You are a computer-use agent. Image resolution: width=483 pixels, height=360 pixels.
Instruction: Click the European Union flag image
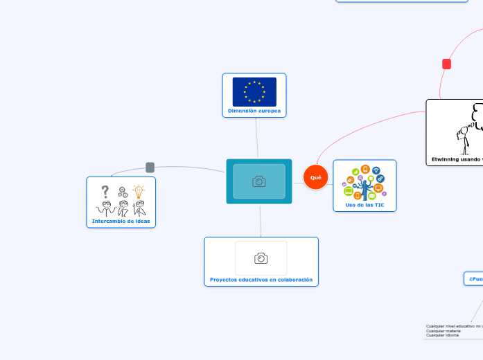pos(254,91)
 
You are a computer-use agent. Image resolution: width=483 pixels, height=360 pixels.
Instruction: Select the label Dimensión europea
pos(254,111)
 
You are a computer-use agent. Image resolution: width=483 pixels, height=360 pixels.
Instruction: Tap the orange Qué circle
pos(315,178)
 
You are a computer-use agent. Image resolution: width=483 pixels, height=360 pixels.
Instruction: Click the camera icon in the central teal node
pos(259,181)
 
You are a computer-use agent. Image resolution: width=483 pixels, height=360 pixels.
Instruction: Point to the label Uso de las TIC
pos(365,205)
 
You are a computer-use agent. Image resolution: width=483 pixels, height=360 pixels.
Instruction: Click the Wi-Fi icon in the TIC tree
pos(376,170)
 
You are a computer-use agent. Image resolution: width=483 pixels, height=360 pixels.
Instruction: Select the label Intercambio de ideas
pos(121,222)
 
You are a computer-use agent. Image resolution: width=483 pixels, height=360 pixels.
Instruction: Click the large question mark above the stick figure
pos(105,192)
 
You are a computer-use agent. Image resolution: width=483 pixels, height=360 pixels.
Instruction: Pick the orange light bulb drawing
pos(139,190)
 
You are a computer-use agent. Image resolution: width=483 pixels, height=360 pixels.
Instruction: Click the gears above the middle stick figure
pos(123,192)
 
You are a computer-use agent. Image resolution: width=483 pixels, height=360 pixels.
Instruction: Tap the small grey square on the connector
pos(150,167)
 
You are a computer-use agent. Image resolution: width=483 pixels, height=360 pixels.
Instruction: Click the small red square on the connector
pos(446,64)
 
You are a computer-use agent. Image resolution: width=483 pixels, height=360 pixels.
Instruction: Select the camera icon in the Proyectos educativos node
pos(261,258)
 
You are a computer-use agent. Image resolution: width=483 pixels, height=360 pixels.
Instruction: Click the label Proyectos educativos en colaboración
pos(261,280)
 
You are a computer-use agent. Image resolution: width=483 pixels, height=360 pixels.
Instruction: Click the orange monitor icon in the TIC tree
pos(378,188)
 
